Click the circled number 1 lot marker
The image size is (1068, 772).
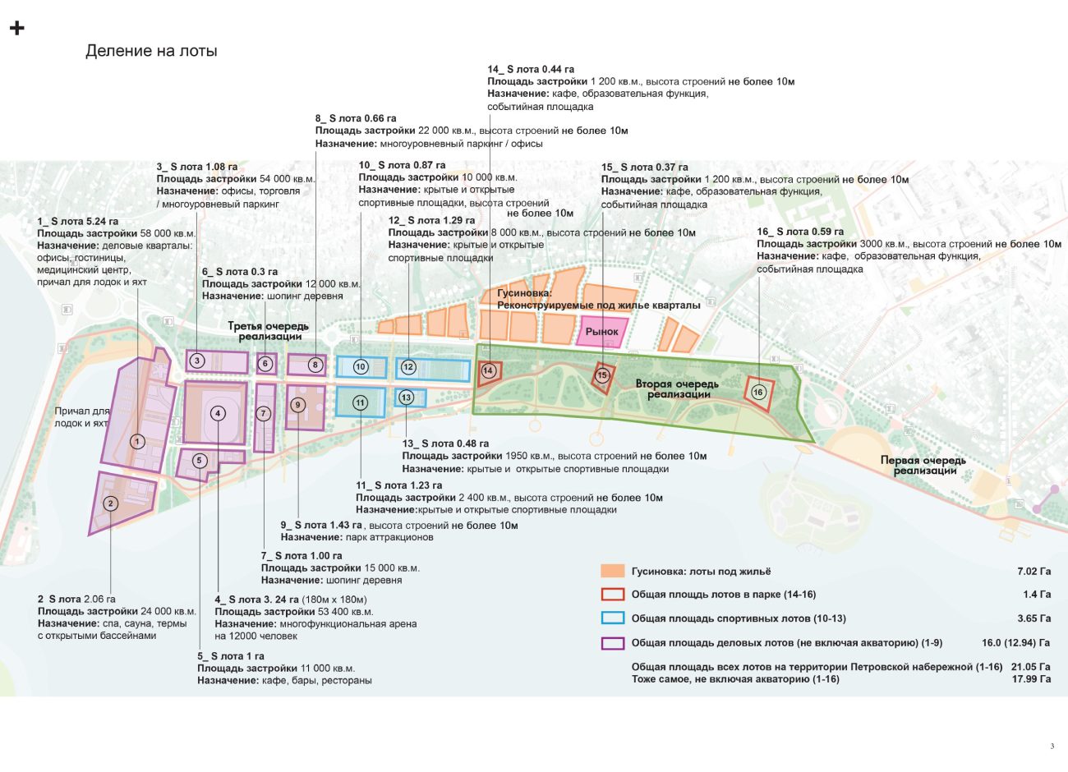[x=137, y=441]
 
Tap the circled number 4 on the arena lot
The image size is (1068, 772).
[x=218, y=413]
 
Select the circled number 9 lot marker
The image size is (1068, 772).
[x=298, y=404]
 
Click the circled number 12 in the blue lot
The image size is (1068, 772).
[x=408, y=367]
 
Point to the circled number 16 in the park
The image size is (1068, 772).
[x=758, y=392]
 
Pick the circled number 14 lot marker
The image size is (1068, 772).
[x=488, y=370]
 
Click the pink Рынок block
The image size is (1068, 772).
[x=602, y=332]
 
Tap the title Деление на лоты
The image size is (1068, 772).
[x=151, y=51]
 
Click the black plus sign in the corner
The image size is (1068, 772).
[x=16, y=29]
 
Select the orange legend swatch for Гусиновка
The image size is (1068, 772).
[x=613, y=571]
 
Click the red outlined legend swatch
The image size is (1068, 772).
[x=613, y=595]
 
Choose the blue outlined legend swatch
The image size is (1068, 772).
[x=613, y=618]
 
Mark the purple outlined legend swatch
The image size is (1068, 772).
[x=613, y=643]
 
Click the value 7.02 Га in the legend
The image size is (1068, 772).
[x=1033, y=571]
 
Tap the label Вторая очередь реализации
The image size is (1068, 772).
[x=677, y=388]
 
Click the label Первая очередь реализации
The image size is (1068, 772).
[x=923, y=465]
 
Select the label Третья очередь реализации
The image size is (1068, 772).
[x=268, y=331]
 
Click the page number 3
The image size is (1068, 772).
[x=1052, y=746]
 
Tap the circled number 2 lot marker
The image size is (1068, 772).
[x=111, y=503]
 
